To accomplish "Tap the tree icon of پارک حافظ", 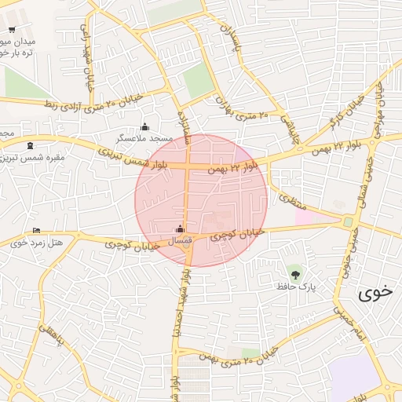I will (x=295, y=274).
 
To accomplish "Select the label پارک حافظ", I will (x=295, y=287).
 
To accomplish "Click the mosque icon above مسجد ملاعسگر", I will (x=144, y=126).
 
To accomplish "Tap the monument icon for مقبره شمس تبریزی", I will (x=30, y=145).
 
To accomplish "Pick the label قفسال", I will (x=181, y=239).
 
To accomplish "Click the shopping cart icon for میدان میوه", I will (x=11, y=30).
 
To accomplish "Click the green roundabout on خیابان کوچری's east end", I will (x=347, y=222).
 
